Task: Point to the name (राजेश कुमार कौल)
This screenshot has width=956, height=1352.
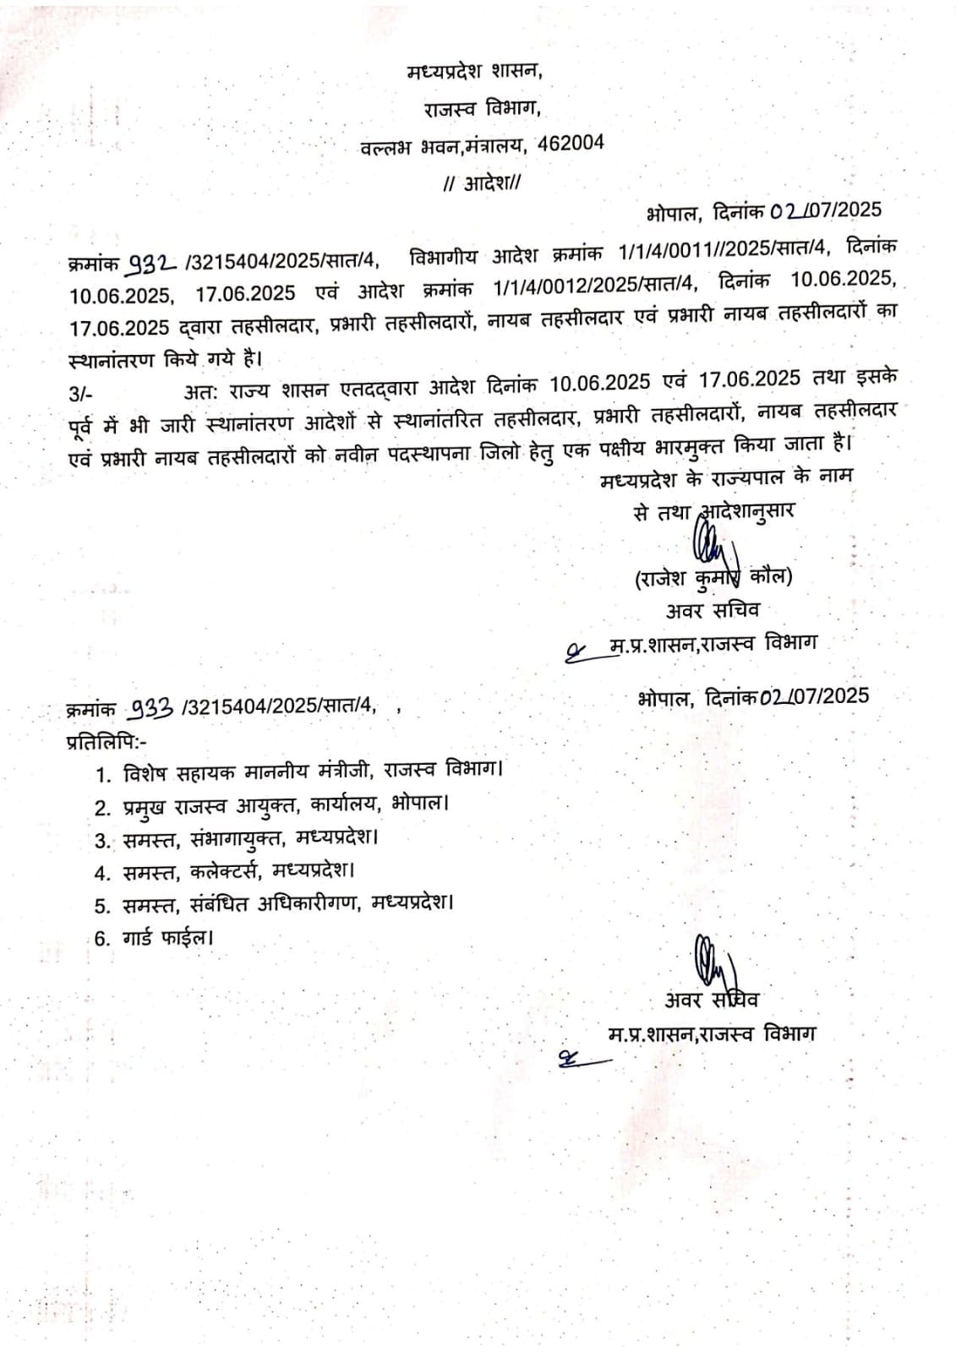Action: point(713,578)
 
